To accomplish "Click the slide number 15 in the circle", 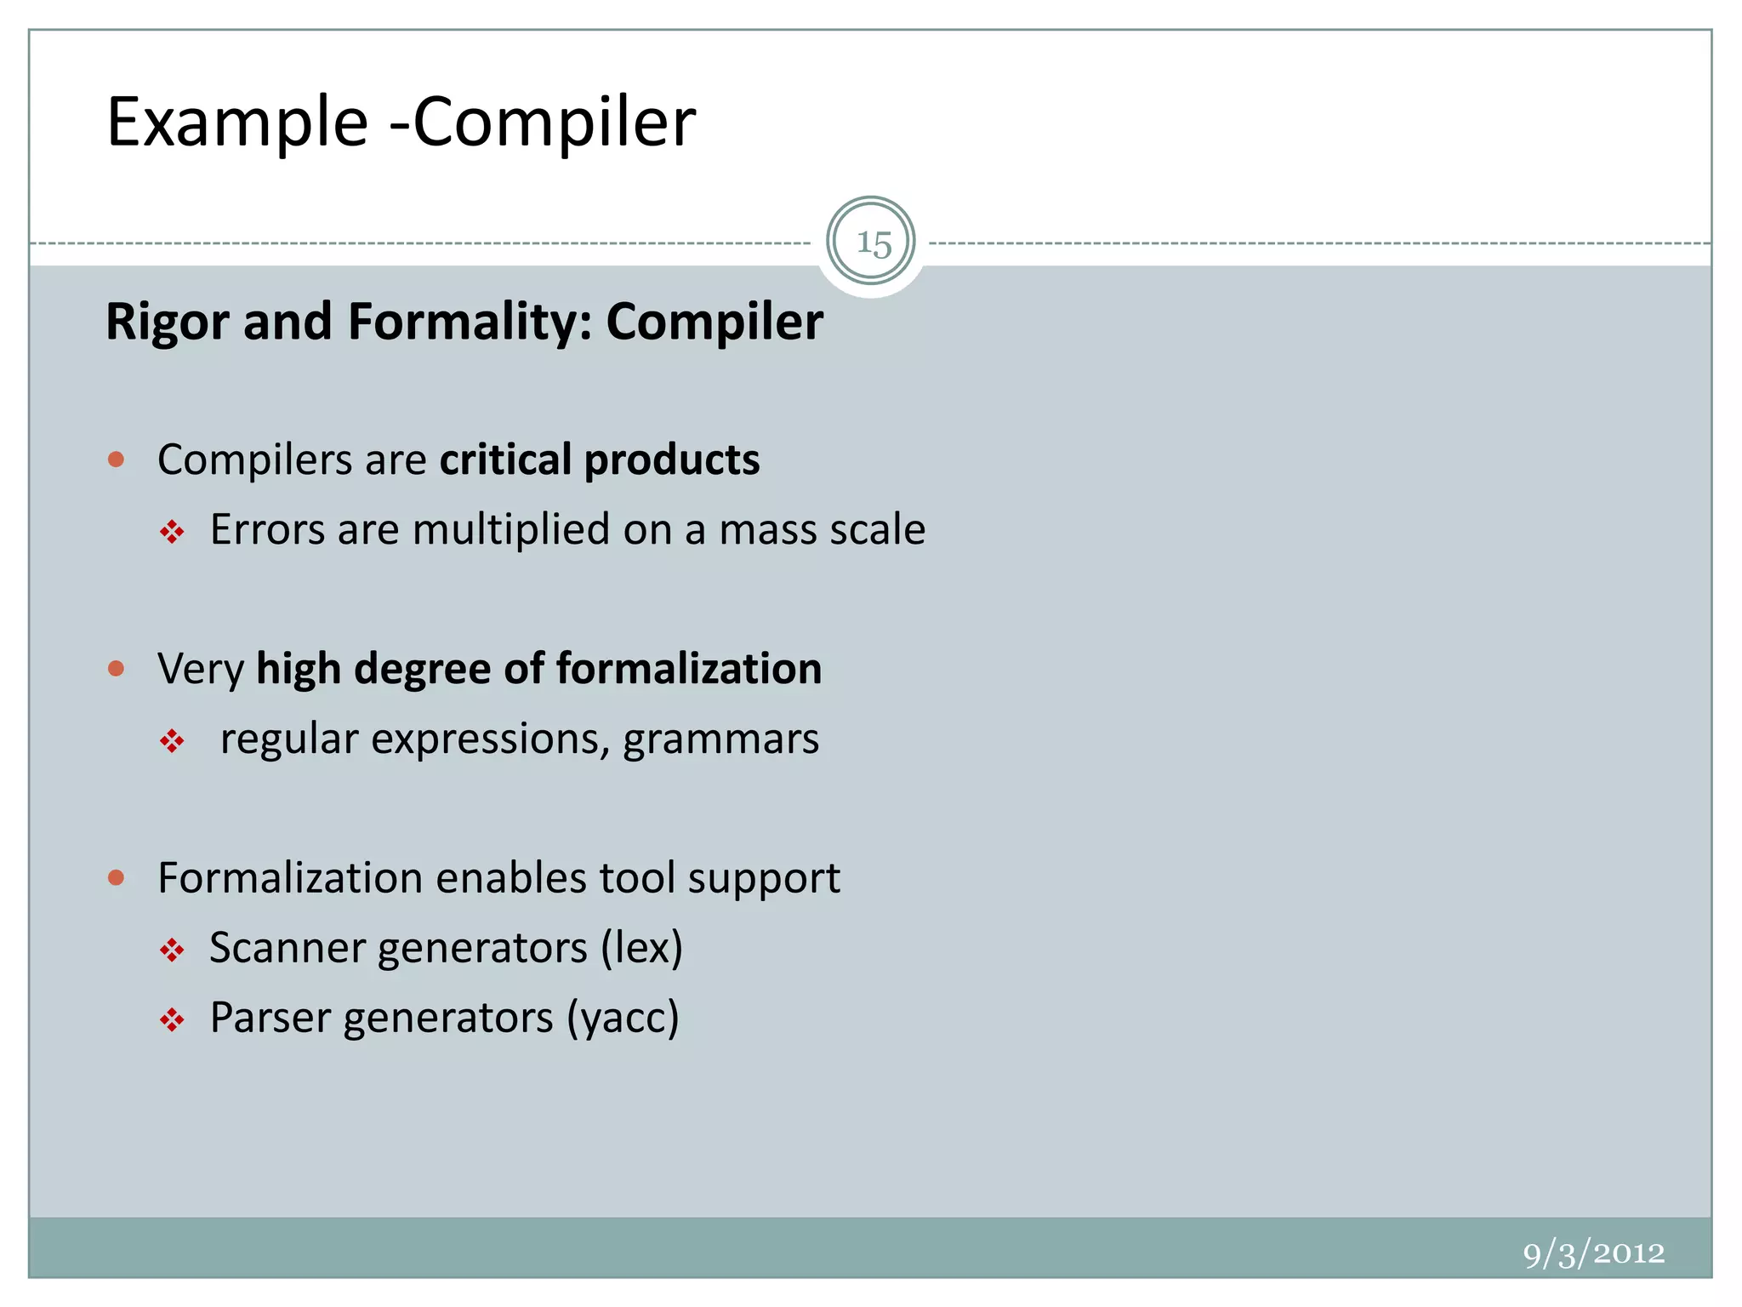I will point(873,243).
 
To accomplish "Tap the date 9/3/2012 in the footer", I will point(1593,1253).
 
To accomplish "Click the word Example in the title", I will point(237,123).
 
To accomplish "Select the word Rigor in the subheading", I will point(168,322).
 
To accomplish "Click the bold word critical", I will point(505,459).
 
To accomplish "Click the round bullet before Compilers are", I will point(117,460).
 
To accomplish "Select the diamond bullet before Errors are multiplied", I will point(172,533).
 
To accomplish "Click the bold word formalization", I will point(689,668).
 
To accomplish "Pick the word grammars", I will point(720,739).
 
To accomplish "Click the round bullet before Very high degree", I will point(117,669).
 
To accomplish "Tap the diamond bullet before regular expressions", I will point(172,741).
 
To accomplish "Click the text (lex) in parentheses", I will point(641,948).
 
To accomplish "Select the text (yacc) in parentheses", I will point(623,1018).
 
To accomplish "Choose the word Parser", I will point(270,1018).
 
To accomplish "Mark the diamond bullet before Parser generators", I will point(172,1020).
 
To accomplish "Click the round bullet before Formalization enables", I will point(117,877).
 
